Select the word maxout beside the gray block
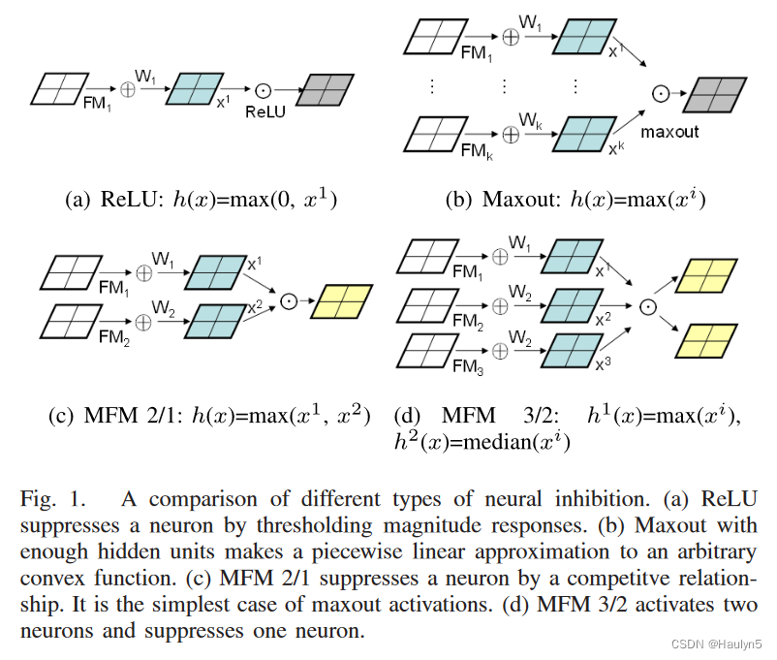(669, 131)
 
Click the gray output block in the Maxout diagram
(714, 94)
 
